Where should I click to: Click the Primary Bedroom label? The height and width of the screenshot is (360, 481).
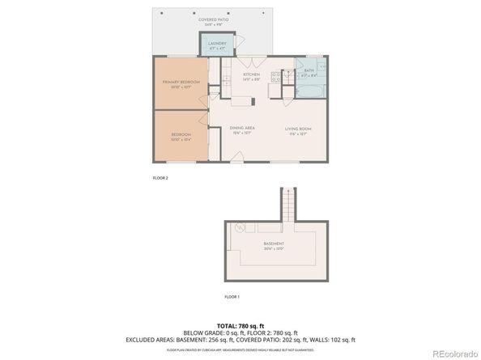click(181, 83)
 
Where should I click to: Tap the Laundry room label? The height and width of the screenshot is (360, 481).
click(217, 43)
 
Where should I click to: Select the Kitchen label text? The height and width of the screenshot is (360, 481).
click(250, 74)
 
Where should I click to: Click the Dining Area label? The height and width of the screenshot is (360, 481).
click(242, 128)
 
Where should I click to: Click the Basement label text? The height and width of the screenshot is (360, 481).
click(274, 244)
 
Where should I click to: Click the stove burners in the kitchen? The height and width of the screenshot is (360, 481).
click(275, 77)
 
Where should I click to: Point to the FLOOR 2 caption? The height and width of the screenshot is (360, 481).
click(160, 176)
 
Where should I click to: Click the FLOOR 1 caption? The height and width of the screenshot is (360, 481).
click(232, 296)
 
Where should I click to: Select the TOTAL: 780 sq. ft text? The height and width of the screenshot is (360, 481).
click(240, 324)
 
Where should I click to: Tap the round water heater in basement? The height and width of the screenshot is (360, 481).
click(240, 228)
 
